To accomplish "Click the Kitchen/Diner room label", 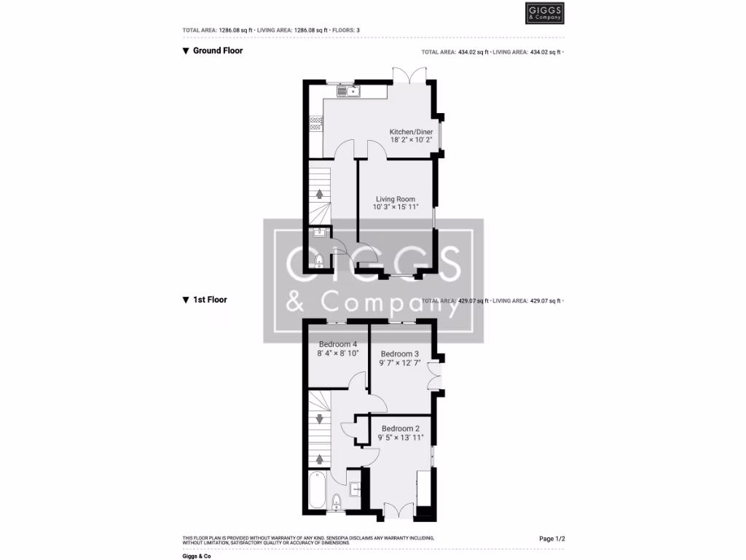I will click(411, 131).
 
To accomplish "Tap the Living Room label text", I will click(396, 199).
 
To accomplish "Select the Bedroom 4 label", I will click(338, 344).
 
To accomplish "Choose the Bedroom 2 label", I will click(401, 428).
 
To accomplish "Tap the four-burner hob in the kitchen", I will click(315, 123).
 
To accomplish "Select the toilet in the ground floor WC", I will click(319, 261).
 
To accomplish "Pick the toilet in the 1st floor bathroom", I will click(337, 502).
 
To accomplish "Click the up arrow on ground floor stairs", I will click(318, 193).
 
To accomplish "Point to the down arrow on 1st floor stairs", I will click(318, 419).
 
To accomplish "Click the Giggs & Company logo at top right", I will click(545, 13).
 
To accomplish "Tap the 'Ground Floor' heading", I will click(217, 51).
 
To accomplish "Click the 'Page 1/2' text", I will click(551, 539).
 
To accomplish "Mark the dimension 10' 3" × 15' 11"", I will click(396, 207).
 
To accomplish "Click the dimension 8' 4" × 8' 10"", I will click(338, 353).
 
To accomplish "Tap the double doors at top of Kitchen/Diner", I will click(409, 74).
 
